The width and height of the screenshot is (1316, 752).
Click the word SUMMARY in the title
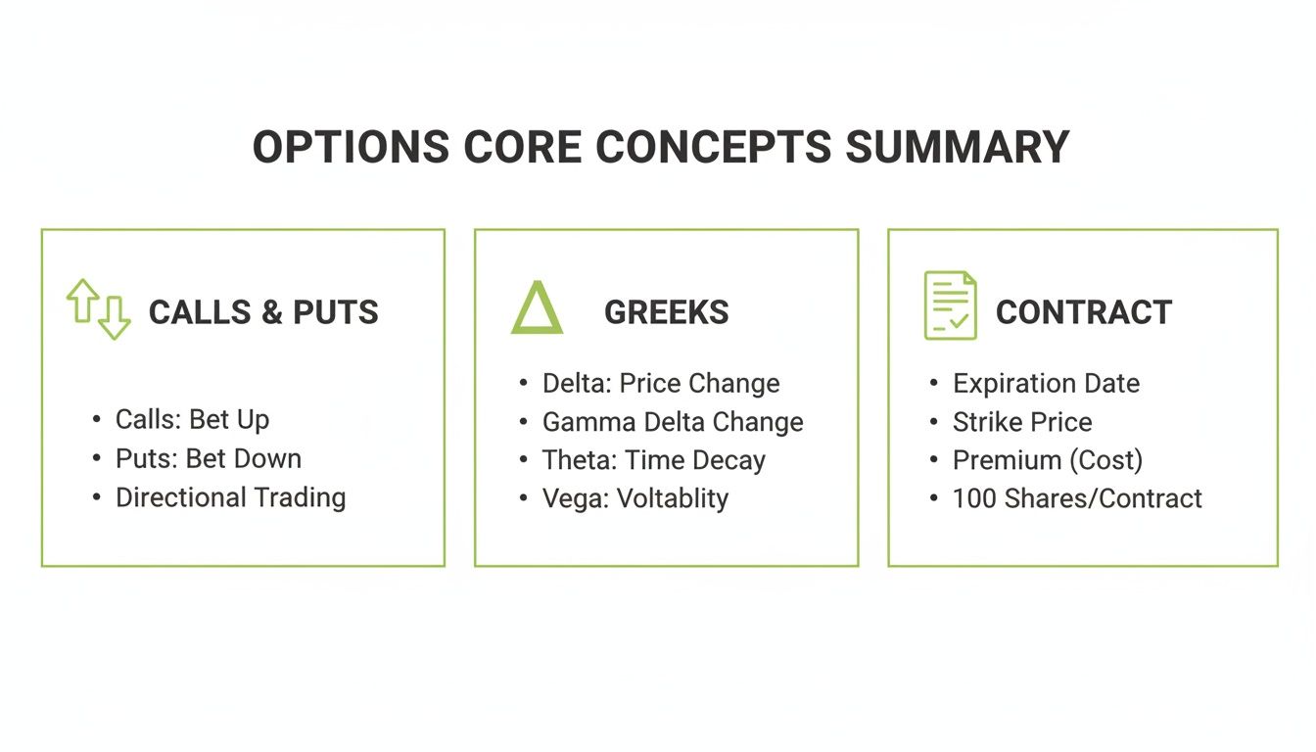(957, 147)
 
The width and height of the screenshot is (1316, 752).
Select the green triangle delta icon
(537, 308)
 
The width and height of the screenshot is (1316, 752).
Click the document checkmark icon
(950, 305)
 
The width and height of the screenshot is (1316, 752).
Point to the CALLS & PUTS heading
(263, 312)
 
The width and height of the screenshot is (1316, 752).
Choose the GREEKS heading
(666, 312)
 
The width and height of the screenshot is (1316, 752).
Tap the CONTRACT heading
(1083, 312)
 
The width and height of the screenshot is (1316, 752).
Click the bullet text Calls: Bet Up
(192, 419)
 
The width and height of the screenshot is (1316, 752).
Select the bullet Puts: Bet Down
(208, 458)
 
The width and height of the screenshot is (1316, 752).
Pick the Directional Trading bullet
(230, 497)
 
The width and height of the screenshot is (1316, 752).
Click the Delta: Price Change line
(661, 383)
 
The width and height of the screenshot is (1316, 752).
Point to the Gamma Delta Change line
(673, 422)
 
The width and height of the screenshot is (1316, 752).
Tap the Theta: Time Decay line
(653, 460)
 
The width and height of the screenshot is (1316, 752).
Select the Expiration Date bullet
(1046, 383)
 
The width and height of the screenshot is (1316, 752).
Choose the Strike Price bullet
(1021, 422)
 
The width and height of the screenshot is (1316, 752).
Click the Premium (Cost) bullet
(1047, 460)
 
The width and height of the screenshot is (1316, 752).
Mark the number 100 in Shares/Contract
(974, 498)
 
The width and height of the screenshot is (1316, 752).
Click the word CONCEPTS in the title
(713, 147)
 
